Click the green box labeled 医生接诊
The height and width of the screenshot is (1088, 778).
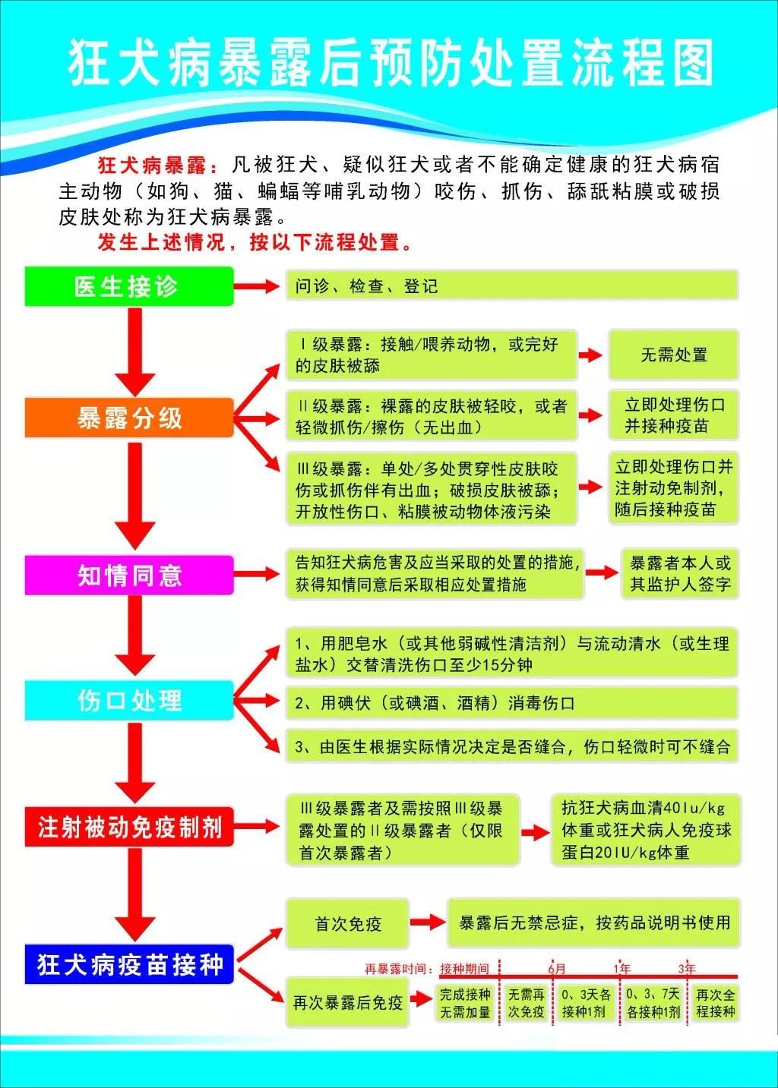[128, 286]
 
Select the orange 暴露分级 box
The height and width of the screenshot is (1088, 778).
[128, 418]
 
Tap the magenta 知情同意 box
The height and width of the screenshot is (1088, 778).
[128, 575]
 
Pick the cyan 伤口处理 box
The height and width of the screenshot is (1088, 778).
[128, 700]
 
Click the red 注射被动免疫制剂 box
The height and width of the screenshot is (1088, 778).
[128, 827]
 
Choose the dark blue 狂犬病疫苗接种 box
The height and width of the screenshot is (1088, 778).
[128, 964]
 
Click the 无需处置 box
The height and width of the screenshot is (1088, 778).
[673, 355]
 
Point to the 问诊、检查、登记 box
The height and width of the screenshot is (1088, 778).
[511, 285]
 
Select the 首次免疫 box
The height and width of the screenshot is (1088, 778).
[347, 923]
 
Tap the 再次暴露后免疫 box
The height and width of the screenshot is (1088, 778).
[347, 1001]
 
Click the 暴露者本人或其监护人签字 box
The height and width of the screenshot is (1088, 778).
[680, 573]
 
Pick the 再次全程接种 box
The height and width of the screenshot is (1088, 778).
[715, 1003]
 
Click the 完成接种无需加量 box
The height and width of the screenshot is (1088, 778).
[465, 1003]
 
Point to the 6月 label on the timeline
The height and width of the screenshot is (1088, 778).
[557, 968]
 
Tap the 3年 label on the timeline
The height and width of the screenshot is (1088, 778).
[687, 968]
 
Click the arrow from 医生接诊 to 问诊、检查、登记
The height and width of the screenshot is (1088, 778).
[257, 285]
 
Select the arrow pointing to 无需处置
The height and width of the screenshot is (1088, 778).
[590, 355]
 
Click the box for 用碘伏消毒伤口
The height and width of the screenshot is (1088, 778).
[511, 702]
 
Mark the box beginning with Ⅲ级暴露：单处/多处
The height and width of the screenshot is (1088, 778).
[432, 488]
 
